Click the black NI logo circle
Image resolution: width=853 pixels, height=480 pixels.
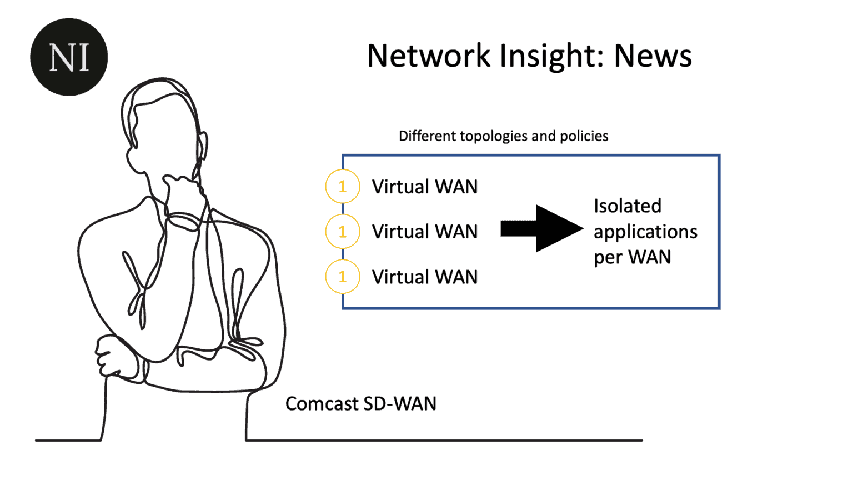click(69, 57)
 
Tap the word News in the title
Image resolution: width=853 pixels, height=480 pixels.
click(653, 56)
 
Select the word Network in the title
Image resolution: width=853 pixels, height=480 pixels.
click(429, 56)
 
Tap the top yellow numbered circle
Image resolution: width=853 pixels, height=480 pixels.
click(343, 187)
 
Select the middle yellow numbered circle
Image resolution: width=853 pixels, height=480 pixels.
click(343, 232)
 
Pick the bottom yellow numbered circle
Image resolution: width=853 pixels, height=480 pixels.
click(343, 277)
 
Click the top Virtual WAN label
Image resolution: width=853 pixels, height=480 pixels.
click(425, 187)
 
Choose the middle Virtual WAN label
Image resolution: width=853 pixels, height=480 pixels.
click(425, 232)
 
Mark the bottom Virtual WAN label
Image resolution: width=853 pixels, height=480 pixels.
click(425, 277)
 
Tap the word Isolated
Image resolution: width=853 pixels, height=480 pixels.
click(628, 206)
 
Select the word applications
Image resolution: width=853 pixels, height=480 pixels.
click(645, 232)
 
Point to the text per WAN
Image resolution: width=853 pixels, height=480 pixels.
click(632, 257)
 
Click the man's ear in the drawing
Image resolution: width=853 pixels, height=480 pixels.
click(203, 146)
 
